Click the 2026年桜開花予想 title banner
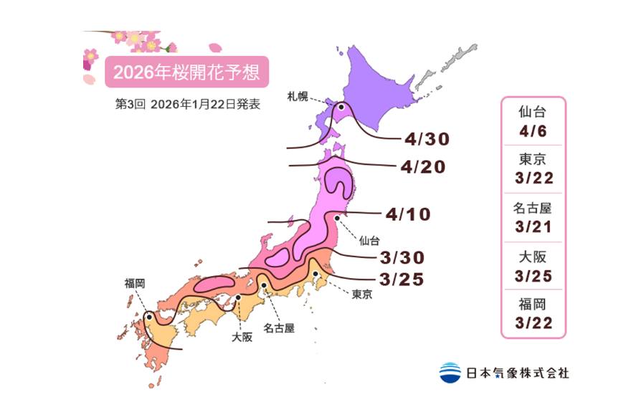click(x=187, y=72)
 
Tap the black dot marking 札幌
click(x=341, y=108)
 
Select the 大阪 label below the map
click(x=242, y=337)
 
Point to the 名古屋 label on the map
click(x=279, y=329)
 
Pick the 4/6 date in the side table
click(x=531, y=131)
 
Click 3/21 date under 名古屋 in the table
click(x=531, y=226)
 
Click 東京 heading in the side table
click(x=531, y=160)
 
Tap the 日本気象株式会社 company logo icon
click(x=450, y=373)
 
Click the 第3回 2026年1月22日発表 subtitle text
click(x=187, y=103)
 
